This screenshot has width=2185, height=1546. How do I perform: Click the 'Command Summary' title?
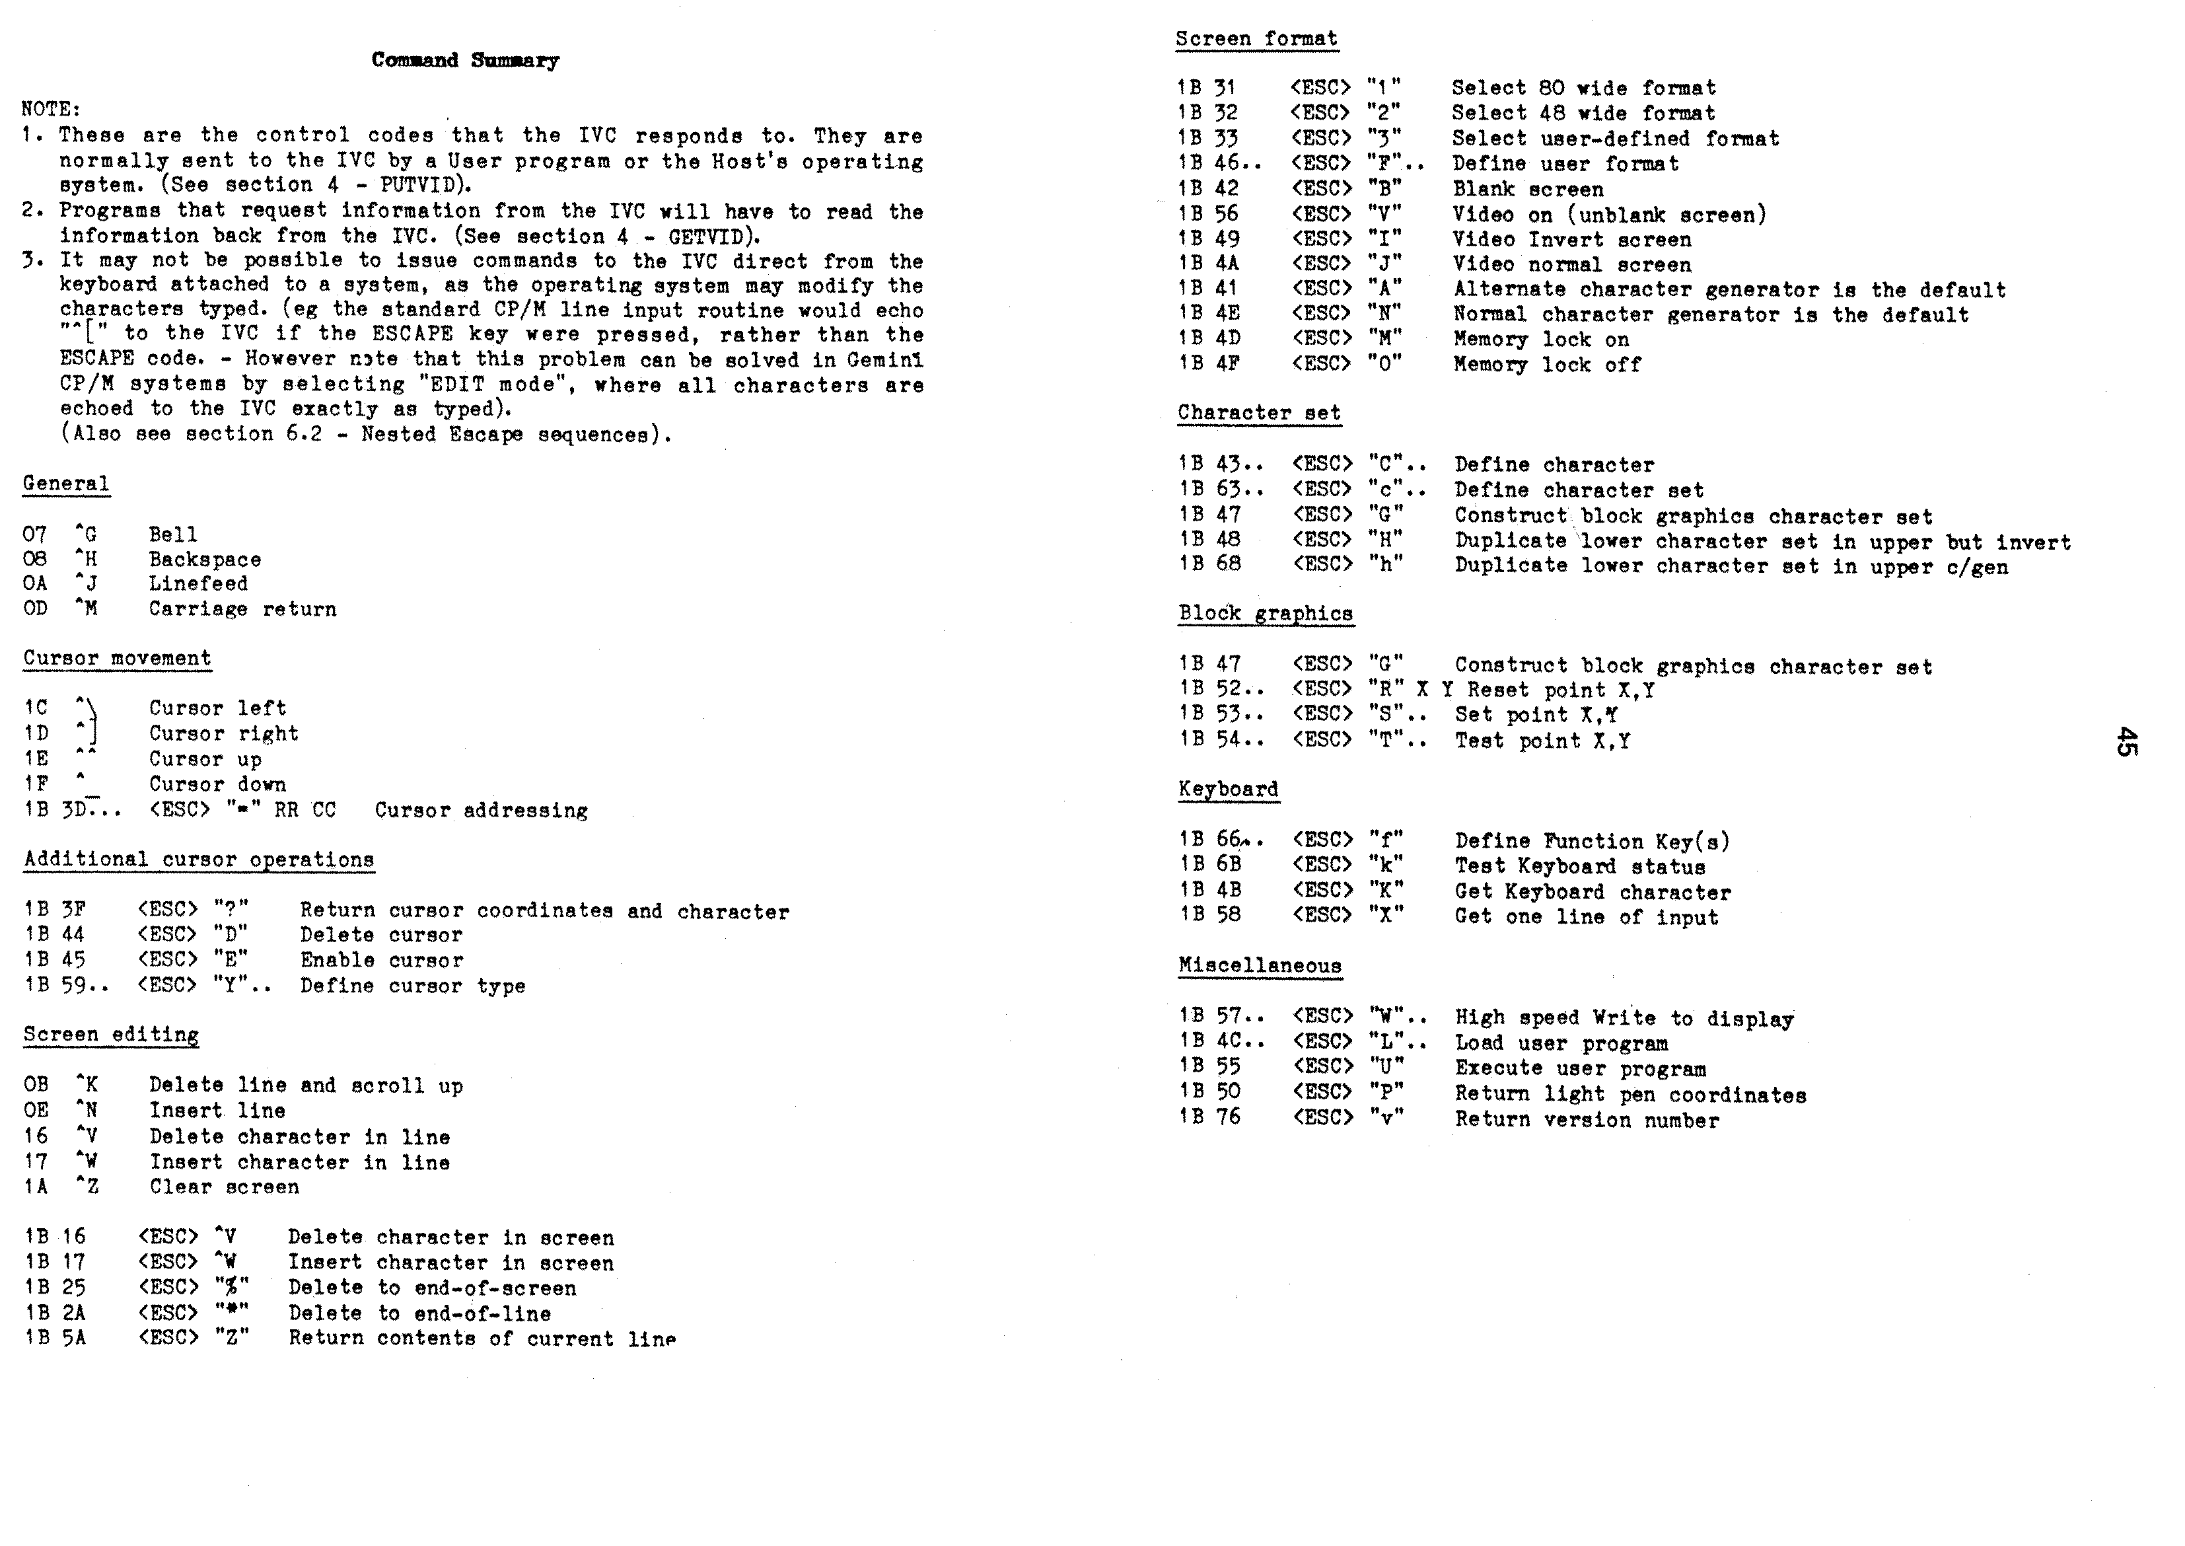[x=466, y=60]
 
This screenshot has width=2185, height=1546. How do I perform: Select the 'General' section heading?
[x=65, y=484]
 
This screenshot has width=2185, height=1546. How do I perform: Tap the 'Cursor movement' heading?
[x=117, y=659]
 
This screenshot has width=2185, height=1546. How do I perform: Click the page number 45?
[x=2125, y=741]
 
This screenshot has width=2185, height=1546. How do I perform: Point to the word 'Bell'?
[x=173, y=535]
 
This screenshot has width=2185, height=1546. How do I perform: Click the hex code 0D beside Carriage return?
[x=35, y=609]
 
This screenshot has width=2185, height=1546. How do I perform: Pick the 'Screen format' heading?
[x=1256, y=39]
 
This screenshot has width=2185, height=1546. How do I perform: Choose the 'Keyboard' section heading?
[x=1228, y=789]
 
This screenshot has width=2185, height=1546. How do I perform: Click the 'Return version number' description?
[x=1587, y=1121]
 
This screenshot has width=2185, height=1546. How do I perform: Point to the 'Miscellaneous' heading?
[x=1260, y=965]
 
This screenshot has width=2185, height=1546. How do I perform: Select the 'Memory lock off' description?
[x=1546, y=365]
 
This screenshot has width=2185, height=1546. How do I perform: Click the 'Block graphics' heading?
[x=1266, y=614]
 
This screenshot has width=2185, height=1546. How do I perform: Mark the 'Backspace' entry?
[x=205, y=560]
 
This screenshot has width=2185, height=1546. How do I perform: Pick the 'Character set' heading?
[x=1259, y=413]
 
